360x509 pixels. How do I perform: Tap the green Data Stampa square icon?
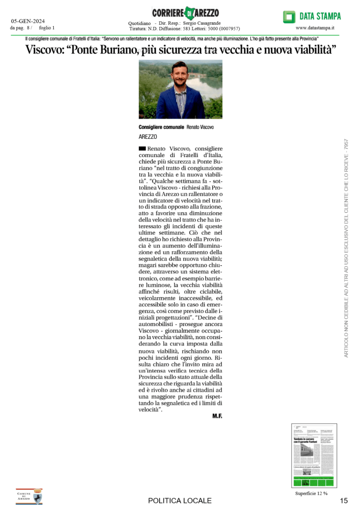[x=289, y=16]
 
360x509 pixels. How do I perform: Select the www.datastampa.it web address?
[x=315, y=28]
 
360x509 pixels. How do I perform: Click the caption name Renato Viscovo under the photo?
[x=200, y=127]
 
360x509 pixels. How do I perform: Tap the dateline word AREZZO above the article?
[x=148, y=136]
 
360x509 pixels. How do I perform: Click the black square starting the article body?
[x=142, y=148]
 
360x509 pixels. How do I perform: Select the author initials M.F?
[x=217, y=416]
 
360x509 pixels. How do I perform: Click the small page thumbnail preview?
[x=313, y=455]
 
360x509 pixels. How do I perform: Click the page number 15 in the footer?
[x=344, y=500]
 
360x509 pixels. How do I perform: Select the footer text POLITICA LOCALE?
[x=180, y=501]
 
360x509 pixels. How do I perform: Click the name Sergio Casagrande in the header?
[x=202, y=23]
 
